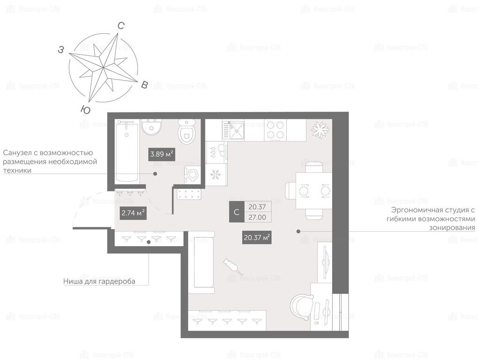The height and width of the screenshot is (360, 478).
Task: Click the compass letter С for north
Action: (x=121, y=26)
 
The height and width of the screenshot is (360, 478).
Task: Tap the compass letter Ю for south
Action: (x=86, y=110)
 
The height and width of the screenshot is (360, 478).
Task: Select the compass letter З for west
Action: (x=61, y=49)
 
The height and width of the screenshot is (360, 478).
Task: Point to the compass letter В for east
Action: (x=144, y=85)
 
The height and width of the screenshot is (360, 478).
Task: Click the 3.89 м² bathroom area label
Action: (x=162, y=154)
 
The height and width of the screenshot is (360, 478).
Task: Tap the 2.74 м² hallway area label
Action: (x=133, y=213)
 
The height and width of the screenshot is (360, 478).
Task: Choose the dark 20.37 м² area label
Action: (x=257, y=237)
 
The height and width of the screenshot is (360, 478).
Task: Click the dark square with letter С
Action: (x=236, y=212)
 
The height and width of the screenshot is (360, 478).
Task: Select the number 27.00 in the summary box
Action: (x=257, y=217)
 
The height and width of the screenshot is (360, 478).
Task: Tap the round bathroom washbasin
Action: (x=152, y=127)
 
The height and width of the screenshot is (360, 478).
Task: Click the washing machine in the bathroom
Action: (x=192, y=175)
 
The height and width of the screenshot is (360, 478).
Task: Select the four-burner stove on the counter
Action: (x=275, y=130)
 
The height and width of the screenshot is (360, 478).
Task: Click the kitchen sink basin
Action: (x=236, y=130)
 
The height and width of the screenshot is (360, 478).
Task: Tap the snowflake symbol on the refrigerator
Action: (x=216, y=174)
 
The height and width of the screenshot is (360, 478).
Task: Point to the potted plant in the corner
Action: (x=320, y=130)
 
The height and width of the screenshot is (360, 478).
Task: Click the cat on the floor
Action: (x=232, y=266)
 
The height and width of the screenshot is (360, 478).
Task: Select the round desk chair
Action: (x=301, y=307)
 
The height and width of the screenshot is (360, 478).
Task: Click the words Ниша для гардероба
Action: (x=99, y=281)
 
